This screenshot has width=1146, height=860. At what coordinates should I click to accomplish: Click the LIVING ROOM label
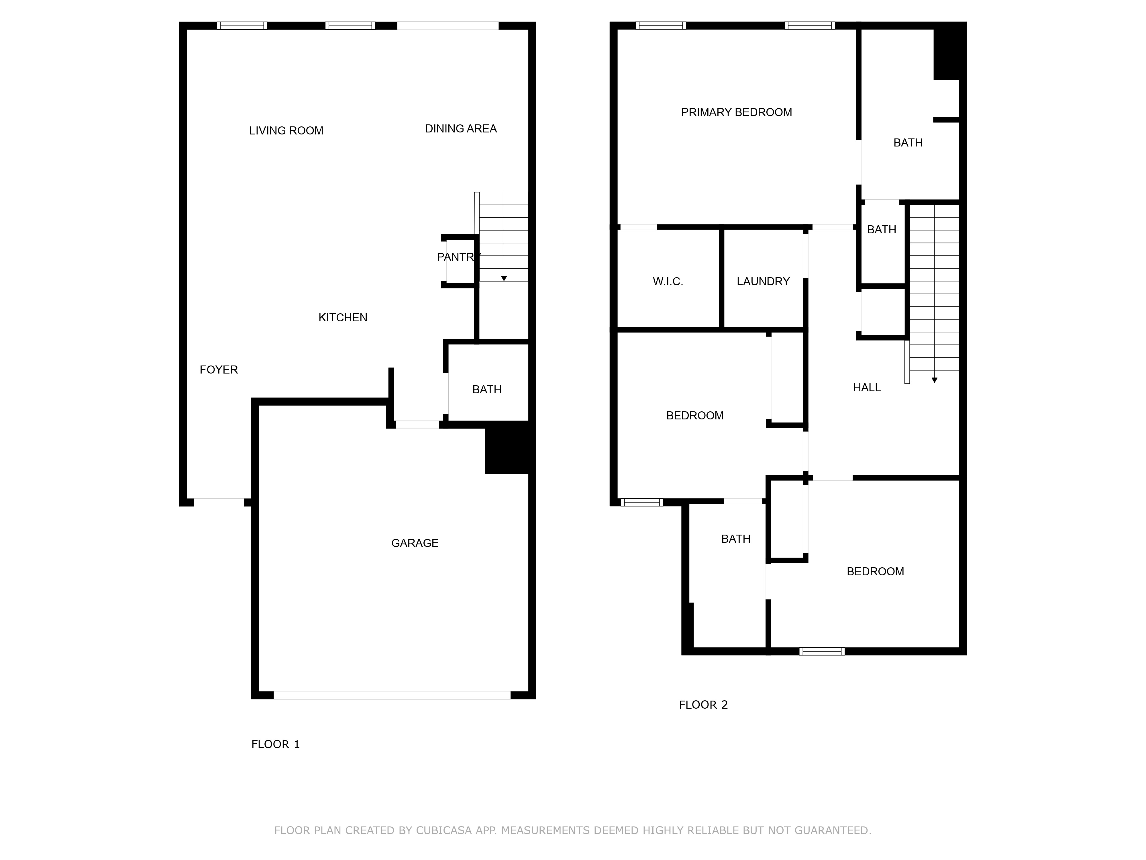click(x=286, y=131)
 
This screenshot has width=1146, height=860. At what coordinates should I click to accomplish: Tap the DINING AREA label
click(x=461, y=128)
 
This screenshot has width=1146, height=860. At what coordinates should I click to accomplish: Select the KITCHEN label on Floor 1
click(x=342, y=317)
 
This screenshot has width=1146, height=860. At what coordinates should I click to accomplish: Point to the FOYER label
click(x=219, y=370)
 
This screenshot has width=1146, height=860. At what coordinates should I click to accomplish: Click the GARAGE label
click(x=415, y=543)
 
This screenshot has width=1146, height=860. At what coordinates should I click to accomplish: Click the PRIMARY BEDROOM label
click(x=736, y=112)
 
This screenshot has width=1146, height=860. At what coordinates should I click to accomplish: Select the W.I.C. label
click(x=668, y=282)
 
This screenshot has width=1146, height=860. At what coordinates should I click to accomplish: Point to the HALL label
click(x=867, y=387)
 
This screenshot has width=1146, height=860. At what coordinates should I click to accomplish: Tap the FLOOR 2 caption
click(x=703, y=705)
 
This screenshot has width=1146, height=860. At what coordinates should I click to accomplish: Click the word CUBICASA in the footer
click(x=444, y=830)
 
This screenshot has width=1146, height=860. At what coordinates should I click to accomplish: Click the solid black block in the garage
click(x=507, y=447)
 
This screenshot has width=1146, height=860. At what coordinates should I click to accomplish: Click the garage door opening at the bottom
click(x=392, y=695)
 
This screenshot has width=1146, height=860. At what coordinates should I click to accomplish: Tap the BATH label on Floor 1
click(x=486, y=389)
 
